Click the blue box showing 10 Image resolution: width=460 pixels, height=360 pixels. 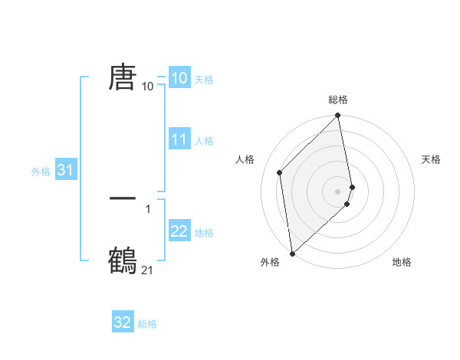pyautogui.click(x=179, y=78)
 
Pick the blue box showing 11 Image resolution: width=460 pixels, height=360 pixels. pyautogui.click(x=179, y=139)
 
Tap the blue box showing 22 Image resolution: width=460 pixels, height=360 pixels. pyautogui.click(x=179, y=231)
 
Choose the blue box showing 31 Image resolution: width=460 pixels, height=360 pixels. pyautogui.click(x=65, y=171)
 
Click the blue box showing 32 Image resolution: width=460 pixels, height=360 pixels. pyautogui.click(x=123, y=322)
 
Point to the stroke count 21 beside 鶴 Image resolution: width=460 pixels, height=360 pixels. pyautogui.click(x=147, y=270)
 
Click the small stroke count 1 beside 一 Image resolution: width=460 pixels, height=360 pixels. pyautogui.click(x=147, y=208)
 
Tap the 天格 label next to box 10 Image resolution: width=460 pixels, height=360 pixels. pyautogui.click(x=204, y=80)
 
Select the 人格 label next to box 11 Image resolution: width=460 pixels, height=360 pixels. pyautogui.click(x=204, y=141)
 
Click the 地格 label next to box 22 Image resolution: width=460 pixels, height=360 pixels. pyautogui.click(x=204, y=233)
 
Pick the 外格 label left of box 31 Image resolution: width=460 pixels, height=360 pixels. pyautogui.click(x=41, y=172)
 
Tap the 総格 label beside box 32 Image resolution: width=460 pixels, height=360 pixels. pyautogui.click(x=147, y=324)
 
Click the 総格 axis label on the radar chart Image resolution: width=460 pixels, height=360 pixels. pyautogui.click(x=338, y=100)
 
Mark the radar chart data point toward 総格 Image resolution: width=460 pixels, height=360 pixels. pyautogui.click(x=338, y=116)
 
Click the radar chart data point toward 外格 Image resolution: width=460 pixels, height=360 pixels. pyautogui.click(x=292, y=254)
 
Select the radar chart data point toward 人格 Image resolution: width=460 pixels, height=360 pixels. pyautogui.click(x=280, y=172)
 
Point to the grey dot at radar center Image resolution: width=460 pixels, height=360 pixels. pyautogui.click(x=338, y=191)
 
